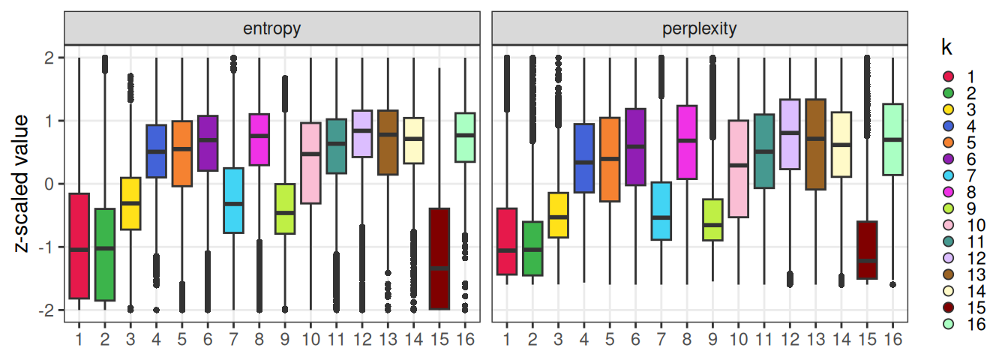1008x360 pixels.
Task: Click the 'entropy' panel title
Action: click(x=271, y=29)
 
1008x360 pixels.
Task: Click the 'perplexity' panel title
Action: click(x=699, y=29)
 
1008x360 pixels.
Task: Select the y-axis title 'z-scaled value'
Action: click(x=22, y=184)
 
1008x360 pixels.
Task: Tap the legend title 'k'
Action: click(x=947, y=48)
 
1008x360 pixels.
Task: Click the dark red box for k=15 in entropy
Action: click(x=439, y=259)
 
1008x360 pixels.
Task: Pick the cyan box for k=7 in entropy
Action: click(x=233, y=200)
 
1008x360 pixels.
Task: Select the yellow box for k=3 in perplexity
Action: click(x=557, y=215)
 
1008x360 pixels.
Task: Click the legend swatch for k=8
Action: click(x=949, y=175)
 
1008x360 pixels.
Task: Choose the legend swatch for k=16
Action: click(x=949, y=324)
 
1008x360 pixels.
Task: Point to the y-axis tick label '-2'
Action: click(x=49, y=310)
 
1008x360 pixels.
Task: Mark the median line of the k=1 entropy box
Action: click(x=79, y=249)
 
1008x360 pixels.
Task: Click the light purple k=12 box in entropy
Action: click(x=361, y=133)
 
